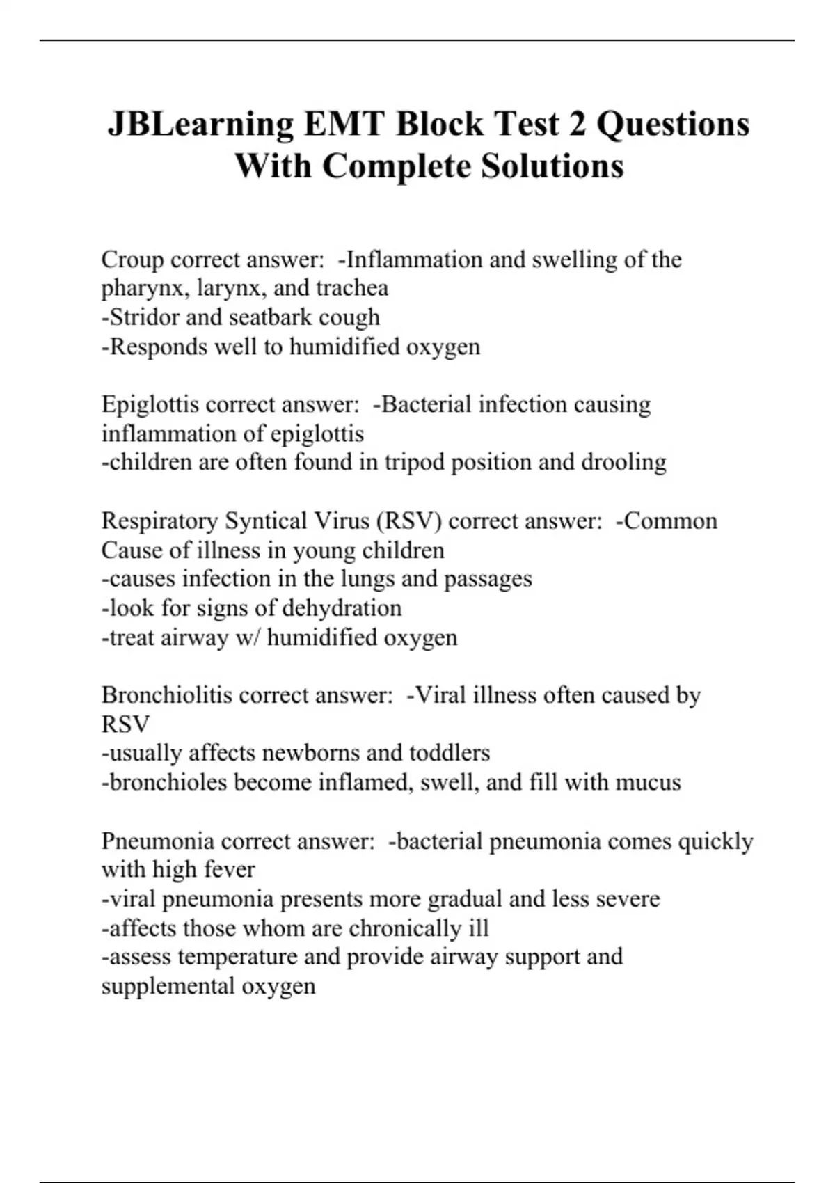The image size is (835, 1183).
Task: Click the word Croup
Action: pos(132,260)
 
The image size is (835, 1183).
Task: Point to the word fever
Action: pos(231,870)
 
